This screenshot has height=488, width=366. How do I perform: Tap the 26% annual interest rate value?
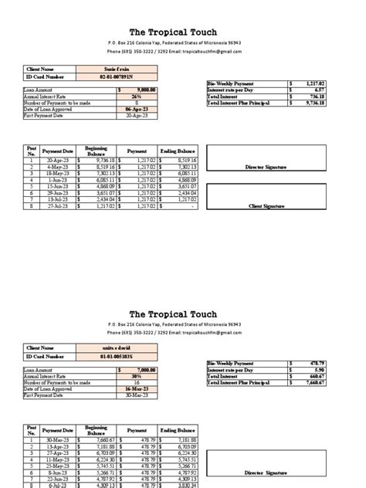click(137, 95)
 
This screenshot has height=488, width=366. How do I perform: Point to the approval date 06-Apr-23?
click(135, 108)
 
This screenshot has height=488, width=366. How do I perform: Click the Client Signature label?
click(266, 207)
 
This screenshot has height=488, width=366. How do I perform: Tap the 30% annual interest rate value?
click(137, 374)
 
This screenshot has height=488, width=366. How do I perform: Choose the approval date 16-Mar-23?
click(135, 388)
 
